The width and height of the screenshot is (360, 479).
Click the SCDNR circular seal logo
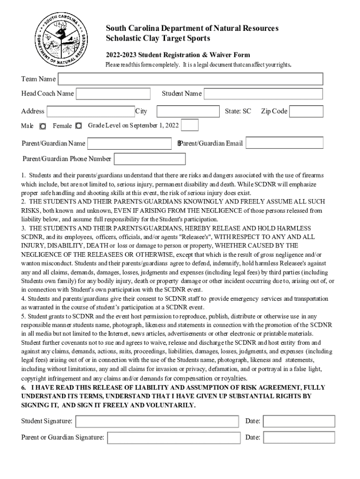[x=61, y=39]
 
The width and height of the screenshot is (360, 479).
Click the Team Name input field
[x=190, y=80]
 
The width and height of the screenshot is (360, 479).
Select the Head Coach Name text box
[x=113, y=94]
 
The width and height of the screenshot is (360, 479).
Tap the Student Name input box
[x=263, y=94]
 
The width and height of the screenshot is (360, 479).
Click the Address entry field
[x=91, y=111]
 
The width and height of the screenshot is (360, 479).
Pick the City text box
[x=188, y=111]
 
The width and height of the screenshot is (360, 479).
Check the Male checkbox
[x=43, y=126]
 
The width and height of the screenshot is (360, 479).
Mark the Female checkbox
[x=79, y=126]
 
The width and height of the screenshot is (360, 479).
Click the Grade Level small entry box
[x=189, y=125]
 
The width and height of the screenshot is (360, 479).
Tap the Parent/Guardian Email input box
[x=284, y=143]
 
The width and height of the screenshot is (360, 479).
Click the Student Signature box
[x=158, y=421]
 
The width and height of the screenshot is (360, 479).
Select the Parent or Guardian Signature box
[x=173, y=438]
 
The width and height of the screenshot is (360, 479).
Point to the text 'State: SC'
[x=238, y=111]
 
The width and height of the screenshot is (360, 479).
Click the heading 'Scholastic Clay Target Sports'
[x=158, y=38]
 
